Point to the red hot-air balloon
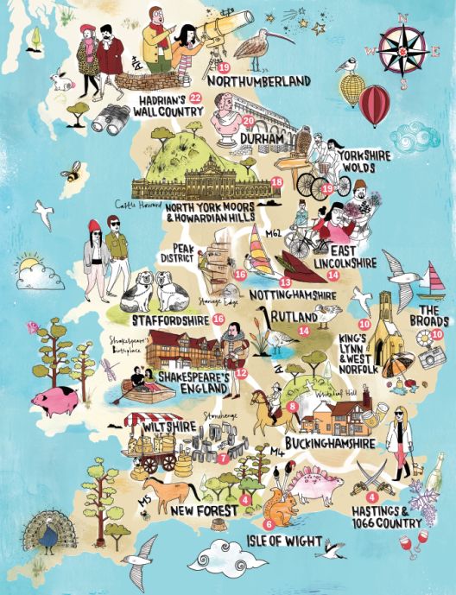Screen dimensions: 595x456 tap(374, 104)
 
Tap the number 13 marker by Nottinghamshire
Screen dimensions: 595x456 tap(283, 283)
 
